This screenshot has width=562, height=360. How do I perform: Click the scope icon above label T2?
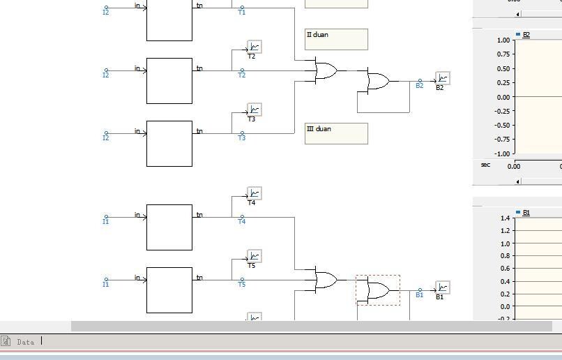tap(255, 47)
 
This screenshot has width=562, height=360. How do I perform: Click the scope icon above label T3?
tap(255, 110)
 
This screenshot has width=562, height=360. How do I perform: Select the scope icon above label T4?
tap(255, 194)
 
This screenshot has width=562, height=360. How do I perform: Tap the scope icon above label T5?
tap(255, 257)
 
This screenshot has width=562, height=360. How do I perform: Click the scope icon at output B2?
tap(443, 78)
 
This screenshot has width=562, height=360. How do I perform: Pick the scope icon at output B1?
tap(443, 287)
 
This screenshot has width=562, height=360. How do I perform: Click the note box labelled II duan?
tap(336, 40)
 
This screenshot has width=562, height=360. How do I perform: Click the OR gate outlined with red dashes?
tap(378, 290)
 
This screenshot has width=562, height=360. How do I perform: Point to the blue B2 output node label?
tap(419, 86)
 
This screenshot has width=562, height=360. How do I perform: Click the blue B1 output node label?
tap(419, 295)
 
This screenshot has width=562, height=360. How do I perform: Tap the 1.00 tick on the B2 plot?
tap(503, 40)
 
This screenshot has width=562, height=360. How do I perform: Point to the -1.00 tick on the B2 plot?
tap(502, 153)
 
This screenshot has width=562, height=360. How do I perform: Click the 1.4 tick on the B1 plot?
tap(506, 218)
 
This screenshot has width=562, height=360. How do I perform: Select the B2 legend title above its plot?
tap(526, 34)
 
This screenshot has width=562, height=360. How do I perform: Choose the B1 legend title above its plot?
tap(526, 212)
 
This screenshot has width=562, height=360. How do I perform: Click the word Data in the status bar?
tap(26, 342)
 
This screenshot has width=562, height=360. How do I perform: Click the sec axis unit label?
tap(485, 165)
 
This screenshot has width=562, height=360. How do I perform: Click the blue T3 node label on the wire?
tap(241, 138)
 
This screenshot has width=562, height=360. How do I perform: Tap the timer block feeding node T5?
tap(169, 290)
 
